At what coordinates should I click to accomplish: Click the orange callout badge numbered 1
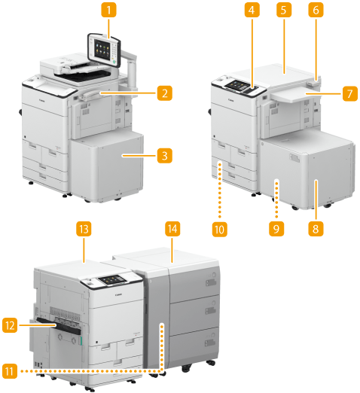[x=108, y=10]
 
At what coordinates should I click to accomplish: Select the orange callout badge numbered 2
[x=164, y=93]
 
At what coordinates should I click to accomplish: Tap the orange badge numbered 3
[x=164, y=156]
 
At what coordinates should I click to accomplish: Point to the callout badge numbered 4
[x=252, y=10]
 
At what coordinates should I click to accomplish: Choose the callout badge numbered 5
[x=284, y=10]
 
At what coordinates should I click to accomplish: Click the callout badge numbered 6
[x=316, y=10]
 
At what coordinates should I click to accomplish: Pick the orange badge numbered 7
[x=349, y=93]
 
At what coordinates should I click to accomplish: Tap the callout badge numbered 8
[x=316, y=229]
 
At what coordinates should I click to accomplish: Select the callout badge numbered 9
[x=276, y=229]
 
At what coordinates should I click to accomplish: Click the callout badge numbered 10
[x=219, y=230]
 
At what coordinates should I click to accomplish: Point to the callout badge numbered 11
[x=10, y=371]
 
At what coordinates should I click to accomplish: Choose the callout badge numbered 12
[x=10, y=325]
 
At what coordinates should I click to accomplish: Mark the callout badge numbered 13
[x=84, y=229]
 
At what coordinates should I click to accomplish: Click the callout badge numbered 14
[x=172, y=229]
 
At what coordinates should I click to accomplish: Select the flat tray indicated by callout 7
[x=294, y=96]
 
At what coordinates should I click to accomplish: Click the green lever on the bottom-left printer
[x=81, y=341]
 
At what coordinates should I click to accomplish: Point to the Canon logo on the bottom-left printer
[x=118, y=294]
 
